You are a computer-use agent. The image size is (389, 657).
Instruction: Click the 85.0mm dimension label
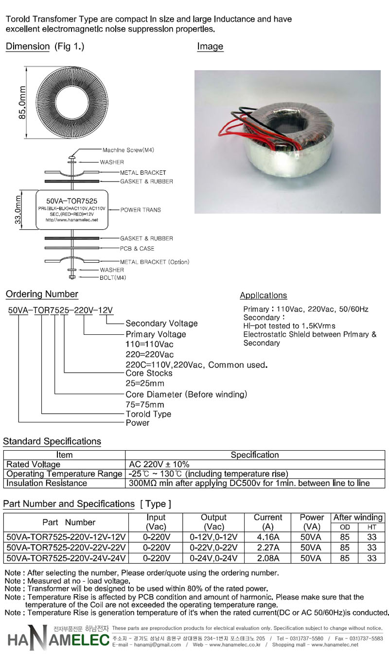[22, 102]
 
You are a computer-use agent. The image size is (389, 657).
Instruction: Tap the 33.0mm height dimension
[18, 210]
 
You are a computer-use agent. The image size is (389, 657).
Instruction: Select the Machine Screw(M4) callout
[128, 150]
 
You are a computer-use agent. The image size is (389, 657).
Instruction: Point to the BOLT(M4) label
[113, 277]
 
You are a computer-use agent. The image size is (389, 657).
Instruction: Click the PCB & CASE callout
[137, 248]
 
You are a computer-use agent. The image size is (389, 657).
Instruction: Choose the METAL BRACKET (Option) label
[155, 262]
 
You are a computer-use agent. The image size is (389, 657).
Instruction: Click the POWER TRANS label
[141, 210]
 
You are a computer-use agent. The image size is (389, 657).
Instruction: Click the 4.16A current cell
[268, 537]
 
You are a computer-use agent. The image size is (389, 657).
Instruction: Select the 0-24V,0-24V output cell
[213, 558]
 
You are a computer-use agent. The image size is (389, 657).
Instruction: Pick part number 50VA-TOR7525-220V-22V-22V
[66, 547]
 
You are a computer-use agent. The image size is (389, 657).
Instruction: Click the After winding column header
[358, 517]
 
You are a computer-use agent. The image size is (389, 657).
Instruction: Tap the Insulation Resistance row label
[47, 483]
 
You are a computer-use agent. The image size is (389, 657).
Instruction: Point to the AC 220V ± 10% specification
[159, 464]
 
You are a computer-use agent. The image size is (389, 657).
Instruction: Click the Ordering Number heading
[42, 294]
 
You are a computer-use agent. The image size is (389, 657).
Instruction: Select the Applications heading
[263, 295]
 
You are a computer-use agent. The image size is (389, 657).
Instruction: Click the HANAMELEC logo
[58, 639]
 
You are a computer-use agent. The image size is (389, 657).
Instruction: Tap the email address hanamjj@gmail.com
[158, 645]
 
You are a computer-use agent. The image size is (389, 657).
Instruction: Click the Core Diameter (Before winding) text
[186, 394]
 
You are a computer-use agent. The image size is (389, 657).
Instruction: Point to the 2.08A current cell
[268, 558]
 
